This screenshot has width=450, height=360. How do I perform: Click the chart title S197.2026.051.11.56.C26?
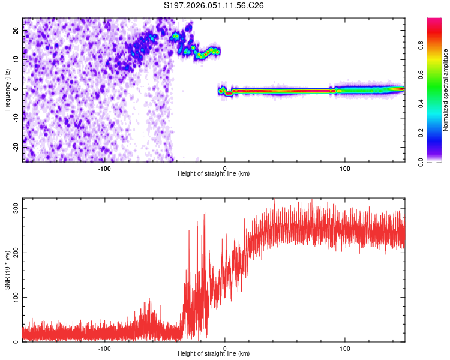coord(214,5)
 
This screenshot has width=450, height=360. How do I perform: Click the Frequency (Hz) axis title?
coord(7,89)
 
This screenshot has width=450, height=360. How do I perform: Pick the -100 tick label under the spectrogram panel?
coord(104,168)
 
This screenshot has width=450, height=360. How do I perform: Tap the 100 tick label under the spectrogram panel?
coord(345,168)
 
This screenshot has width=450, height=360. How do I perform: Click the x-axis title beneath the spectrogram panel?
coord(214,174)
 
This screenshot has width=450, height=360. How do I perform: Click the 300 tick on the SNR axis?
coord(14,208)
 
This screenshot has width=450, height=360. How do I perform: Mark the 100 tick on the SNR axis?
coord(14,297)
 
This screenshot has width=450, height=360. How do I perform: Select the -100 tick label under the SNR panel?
coord(104,348)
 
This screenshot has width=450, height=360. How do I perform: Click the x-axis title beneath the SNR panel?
coord(214,354)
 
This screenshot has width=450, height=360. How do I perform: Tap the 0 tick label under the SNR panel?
coord(225,348)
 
